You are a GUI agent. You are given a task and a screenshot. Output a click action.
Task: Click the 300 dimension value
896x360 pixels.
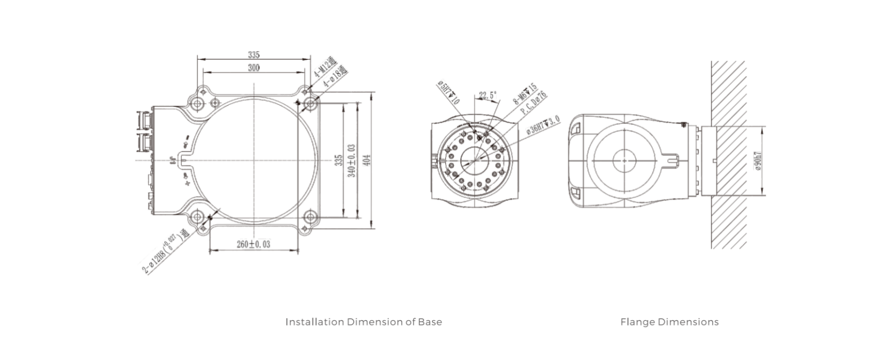coord(253,68)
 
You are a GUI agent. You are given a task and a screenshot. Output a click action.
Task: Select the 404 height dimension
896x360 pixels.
coord(367,160)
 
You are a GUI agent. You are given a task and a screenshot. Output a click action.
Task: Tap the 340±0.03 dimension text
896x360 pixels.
coord(352,161)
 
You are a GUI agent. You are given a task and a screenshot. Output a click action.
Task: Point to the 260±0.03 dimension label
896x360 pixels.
coord(253,244)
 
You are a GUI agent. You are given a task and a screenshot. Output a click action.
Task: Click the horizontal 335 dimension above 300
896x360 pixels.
coord(253,54)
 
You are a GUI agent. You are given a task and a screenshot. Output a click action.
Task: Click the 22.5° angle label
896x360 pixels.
coord(488,95)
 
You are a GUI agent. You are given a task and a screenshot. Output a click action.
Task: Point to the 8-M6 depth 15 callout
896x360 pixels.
coord(525,94)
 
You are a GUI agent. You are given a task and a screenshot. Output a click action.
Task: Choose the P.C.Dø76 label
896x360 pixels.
coord(534,103)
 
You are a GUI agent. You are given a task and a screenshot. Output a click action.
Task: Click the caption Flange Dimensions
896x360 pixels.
coord(669,322)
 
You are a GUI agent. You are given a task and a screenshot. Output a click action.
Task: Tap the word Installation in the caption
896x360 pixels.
coord(307,322)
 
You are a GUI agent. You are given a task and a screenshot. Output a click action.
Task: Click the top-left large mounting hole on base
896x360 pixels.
coord(198,104)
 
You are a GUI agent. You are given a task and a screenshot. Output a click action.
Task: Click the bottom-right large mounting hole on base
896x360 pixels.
coord(310,217)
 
